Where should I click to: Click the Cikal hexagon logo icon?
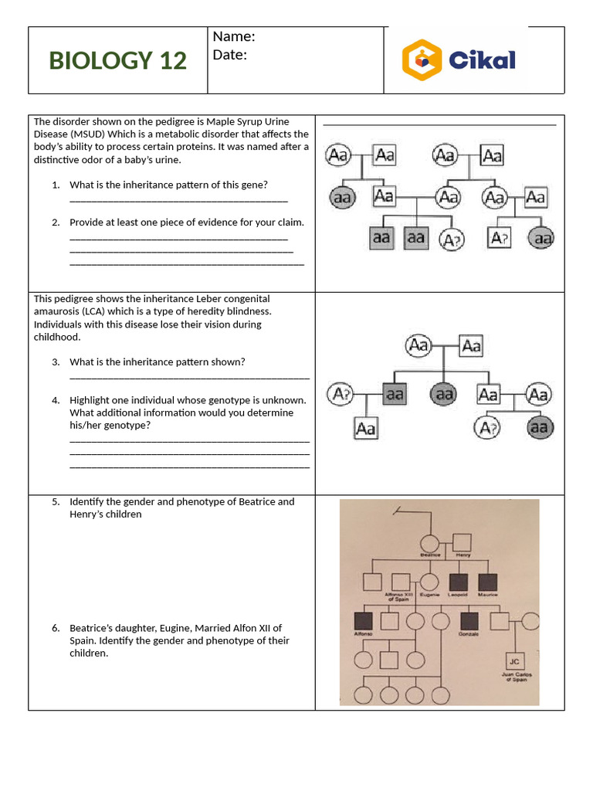tap(422, 60)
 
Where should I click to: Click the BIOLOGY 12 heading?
tap(117, 60)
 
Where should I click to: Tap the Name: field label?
tap(233, 36)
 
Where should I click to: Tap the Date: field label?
tap(229, 55)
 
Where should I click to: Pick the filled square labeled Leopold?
tap(459, 583)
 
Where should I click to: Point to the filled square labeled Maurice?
tap(487, 583)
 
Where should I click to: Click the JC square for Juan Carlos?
tap(513, 661)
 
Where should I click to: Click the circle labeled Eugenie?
tap(429, 583)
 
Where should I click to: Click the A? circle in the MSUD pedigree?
tap(452, 240)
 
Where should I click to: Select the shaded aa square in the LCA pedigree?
tap(394, 395)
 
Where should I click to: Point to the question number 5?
tap(56, 501)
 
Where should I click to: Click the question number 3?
tap(56, 362)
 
